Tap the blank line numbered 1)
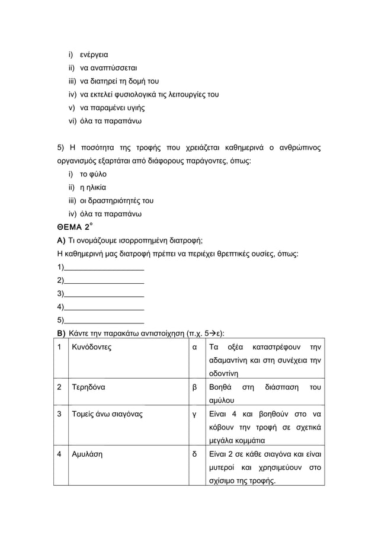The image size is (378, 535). (103, 267)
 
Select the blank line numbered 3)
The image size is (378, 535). (103, 293)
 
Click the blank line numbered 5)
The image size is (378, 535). (103, 320)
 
